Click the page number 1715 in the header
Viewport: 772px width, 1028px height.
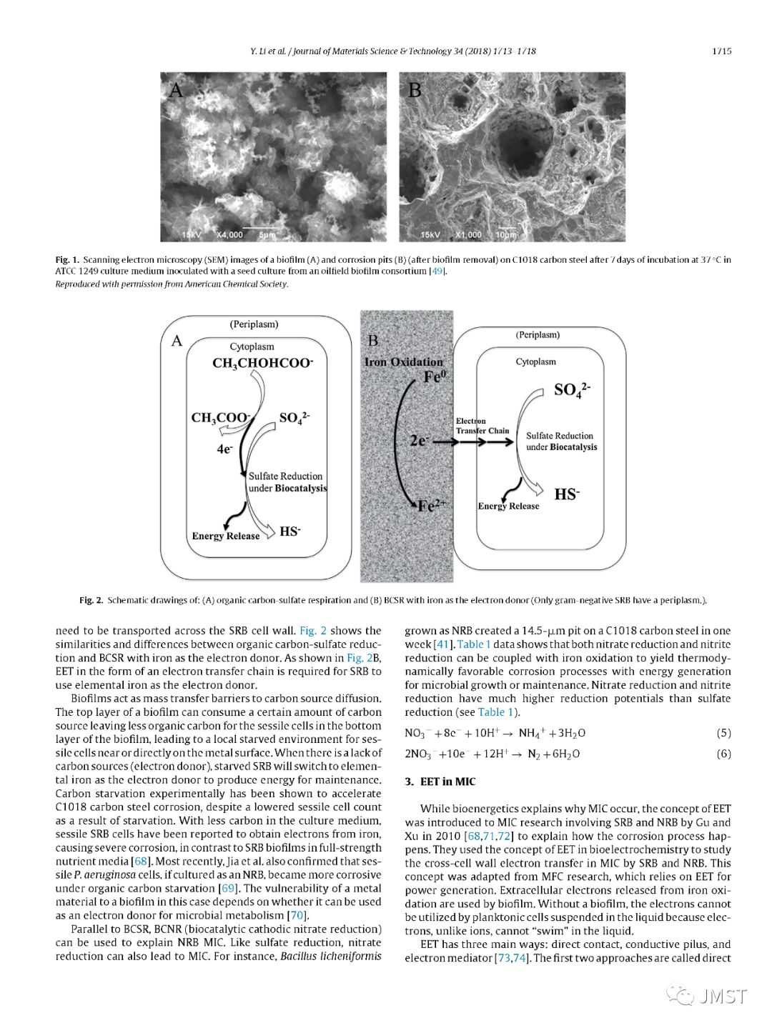coord(721,51)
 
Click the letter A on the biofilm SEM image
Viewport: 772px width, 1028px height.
coord(176,90)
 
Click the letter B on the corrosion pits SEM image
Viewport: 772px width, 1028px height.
coord(415,90)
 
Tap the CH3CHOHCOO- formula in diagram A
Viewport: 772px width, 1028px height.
coord(262,363)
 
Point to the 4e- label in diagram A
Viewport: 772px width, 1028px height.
coord(224,449)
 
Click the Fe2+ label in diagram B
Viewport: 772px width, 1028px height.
coord(432,505)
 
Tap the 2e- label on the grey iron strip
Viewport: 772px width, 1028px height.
coord(419,441)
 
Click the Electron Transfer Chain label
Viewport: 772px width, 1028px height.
coord(482,426)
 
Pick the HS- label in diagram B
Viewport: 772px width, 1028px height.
coord(567,494)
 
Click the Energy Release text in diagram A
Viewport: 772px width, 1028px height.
coord(225,536)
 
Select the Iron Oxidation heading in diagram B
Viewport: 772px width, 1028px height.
coord(404,361)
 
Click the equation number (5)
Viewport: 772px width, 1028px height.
coord(723,733)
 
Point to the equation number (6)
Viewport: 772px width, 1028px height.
coord(723,754)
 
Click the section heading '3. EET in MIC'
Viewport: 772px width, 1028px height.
coord(440,782)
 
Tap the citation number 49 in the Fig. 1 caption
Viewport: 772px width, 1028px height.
coord(437,271)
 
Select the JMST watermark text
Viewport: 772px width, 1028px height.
coord(723,996)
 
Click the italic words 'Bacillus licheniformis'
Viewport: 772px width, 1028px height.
coord(331,957)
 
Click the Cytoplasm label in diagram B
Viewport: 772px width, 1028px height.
coord(535,361)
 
